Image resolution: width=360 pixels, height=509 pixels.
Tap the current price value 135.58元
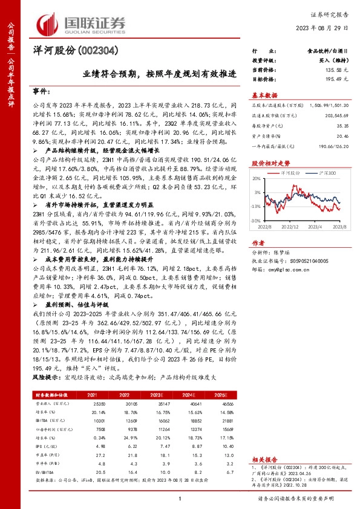point(336,71)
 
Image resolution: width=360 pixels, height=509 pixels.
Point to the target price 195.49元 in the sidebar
point(336,79)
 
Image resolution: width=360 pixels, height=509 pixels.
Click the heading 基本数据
point(264,96)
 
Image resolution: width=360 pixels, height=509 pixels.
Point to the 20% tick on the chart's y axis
point(257,178)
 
